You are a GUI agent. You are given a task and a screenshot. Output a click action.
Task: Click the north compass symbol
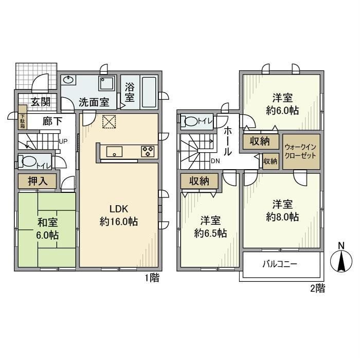341,261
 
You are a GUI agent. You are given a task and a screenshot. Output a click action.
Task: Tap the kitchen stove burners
148,152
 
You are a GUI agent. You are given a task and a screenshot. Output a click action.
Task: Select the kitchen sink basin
114,152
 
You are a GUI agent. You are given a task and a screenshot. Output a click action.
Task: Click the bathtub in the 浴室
149,92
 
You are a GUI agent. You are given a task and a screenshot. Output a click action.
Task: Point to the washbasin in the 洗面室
68,80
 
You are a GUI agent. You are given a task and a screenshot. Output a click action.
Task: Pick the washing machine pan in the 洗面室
107,83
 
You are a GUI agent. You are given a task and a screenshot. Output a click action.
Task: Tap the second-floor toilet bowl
191,121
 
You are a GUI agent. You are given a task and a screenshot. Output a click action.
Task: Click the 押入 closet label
38,182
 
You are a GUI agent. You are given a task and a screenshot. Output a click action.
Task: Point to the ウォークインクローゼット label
300,151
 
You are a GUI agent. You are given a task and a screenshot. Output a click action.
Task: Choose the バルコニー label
280,264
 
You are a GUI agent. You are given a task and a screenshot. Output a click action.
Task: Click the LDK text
119,209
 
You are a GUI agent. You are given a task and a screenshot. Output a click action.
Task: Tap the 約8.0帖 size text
282,217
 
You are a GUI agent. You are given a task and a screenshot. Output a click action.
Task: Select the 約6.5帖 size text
210,233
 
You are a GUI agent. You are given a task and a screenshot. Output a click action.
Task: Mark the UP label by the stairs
63,141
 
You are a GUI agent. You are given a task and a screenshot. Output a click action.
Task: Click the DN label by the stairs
215,161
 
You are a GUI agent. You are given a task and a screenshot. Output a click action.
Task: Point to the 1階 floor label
152,278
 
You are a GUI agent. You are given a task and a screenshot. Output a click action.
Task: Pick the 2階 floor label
318,288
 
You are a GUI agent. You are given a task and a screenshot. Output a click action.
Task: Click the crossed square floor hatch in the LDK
109,121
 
